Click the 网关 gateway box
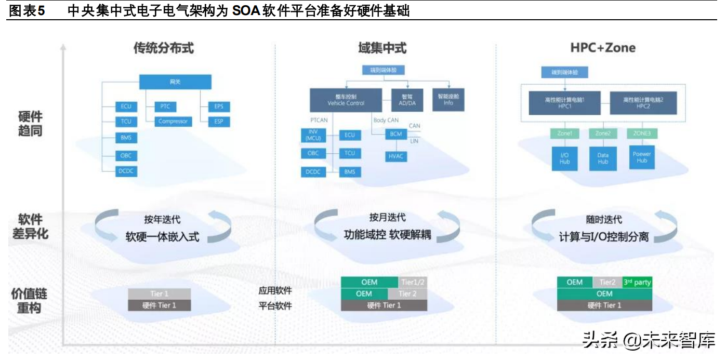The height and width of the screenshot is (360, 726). [175, 82]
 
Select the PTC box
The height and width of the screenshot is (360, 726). [165, 106]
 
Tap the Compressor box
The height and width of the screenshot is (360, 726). [173, 122]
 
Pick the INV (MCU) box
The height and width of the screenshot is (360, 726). [313, 135]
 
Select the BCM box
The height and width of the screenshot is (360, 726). [396, 134]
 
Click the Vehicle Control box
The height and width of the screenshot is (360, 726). [346, 100]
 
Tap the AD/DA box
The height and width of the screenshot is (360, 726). [406, 100]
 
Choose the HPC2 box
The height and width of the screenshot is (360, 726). [643, 102]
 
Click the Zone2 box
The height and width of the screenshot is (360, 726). [603, 134]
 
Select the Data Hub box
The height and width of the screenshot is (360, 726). [603, 158]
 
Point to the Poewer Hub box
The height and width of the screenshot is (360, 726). [642, 157]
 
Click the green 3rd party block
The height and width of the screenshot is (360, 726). [637, 282]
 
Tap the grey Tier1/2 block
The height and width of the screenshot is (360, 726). [413, 282]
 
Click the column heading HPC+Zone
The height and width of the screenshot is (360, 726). [603, 48]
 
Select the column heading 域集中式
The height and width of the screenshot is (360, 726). [382, 48]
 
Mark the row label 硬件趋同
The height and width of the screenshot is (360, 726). [30, 123]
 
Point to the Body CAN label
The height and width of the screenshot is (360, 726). [386, 121]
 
